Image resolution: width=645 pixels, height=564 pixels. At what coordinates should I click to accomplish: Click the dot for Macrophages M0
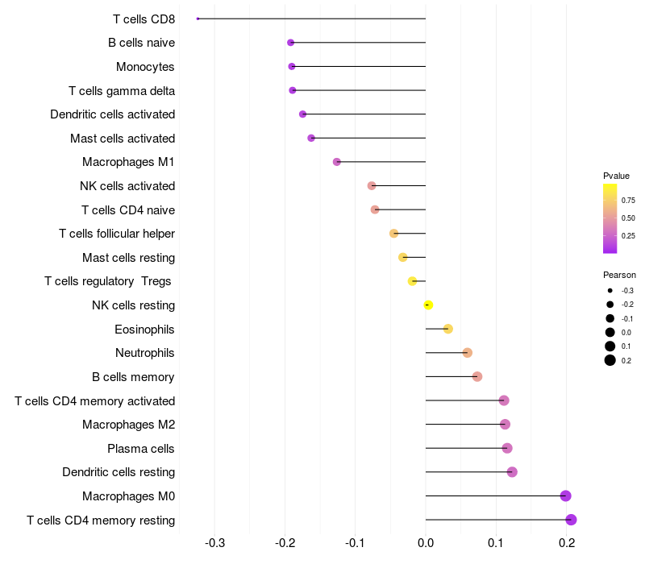(x=565, y=496)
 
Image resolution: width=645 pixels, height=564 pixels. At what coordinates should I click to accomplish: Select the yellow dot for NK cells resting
(x=429, y=305)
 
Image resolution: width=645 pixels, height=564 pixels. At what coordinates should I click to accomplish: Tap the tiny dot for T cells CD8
(x=198, y=19)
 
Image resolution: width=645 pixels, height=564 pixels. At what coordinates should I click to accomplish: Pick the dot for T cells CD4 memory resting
(x=571, y=520)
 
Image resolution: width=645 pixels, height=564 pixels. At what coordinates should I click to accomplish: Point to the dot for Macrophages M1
(x=337, y=162)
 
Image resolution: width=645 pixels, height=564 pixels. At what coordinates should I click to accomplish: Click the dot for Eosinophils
(x=448, y=329)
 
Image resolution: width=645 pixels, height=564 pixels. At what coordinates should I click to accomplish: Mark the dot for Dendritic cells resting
(x=512, y=472)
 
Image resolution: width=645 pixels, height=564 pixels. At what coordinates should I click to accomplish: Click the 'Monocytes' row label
(x=145, y=66)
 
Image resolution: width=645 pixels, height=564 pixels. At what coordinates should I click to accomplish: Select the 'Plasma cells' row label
(x=141, y=448)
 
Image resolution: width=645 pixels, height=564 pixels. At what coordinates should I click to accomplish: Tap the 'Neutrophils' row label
(x=145, y=353)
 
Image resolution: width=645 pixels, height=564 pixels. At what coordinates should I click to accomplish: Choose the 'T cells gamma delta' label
(x=122, y=90)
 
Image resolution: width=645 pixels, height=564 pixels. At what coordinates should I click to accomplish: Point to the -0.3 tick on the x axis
(x=214, y=542)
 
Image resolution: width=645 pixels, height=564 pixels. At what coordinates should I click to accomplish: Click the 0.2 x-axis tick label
(x=566, y=542)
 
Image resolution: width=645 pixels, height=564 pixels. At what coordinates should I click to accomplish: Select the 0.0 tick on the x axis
(x=426, y=542)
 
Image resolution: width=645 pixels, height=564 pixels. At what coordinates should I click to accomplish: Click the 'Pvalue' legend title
(x=616, y=176)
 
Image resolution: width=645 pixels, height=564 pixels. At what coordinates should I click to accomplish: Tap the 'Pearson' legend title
(x=619, y=275)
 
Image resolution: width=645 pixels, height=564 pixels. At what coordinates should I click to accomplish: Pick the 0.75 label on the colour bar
(x=628, y=201)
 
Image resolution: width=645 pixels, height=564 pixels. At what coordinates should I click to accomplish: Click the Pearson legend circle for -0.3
(x=610, y=291)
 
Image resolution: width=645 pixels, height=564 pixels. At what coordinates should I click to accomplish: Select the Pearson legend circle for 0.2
(x=610, y=360)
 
